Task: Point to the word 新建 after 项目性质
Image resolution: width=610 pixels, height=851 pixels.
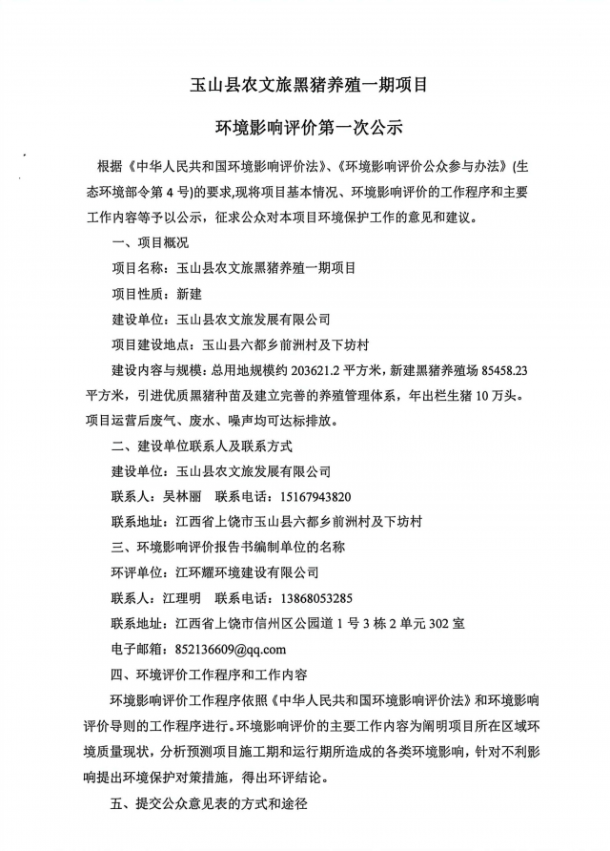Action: tap(189, 294)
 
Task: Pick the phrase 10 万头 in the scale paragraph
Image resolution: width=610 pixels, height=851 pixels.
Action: tap(530, 394)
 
